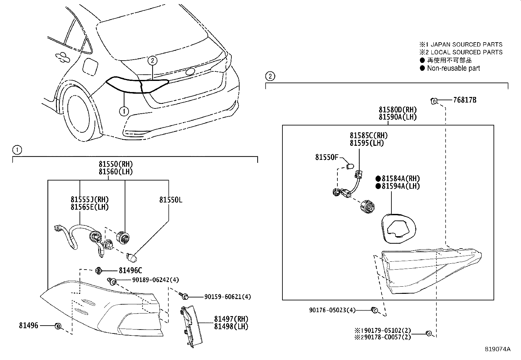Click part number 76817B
click(465, 100)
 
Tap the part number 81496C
click(130, 270)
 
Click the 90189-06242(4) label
click(155, 280)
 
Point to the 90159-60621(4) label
click(227, 297)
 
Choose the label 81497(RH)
click(231, 319)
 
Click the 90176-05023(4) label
click(332, 310)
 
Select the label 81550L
click(171, 200)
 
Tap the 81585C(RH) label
click(368, 136)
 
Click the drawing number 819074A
click(497, 349)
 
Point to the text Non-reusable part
click(453, 68)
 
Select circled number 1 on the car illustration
click(123, 111)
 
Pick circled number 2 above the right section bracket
click(270, 76)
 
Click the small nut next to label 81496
click(58, 326)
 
